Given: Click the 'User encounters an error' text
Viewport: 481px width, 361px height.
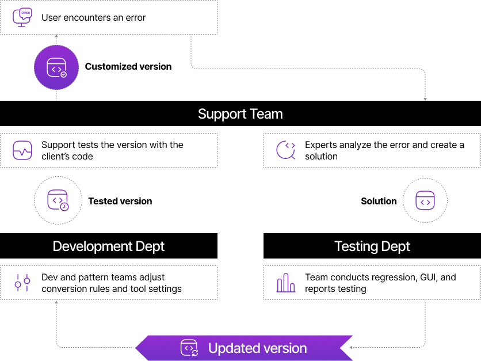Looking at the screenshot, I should (93, 17).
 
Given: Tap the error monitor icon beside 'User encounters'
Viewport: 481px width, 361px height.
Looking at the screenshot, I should (22, 17).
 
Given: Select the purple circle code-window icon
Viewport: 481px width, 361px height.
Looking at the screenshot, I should (56, 68).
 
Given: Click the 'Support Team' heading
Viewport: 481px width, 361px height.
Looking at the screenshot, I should (240, 114).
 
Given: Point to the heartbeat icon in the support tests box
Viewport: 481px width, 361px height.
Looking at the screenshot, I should (22, 151).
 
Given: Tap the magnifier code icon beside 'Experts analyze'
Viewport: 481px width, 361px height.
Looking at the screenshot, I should (286, 150).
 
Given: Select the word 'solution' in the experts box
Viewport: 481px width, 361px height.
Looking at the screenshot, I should (321, 157).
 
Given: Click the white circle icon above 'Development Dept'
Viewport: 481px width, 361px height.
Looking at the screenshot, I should (58, 200).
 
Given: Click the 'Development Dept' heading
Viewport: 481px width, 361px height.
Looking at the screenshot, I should (109, 246).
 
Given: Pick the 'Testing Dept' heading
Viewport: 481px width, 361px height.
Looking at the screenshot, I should (372, 246).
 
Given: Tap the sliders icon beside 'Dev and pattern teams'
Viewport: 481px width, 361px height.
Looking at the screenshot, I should (22, 283).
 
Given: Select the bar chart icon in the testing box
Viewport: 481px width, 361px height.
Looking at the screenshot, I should (286, 283).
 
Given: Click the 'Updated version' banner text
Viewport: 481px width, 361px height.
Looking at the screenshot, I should (257, 348).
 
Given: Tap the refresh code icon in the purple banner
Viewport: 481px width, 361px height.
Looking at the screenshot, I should (189, 348).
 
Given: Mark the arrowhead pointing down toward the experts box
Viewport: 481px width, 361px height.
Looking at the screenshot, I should (425, 99).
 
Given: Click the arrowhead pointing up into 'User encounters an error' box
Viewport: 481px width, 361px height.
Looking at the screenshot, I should (56, 36).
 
